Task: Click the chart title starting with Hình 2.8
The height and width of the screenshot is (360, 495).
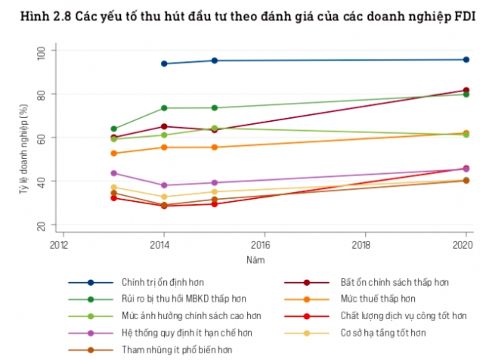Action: click(x=247, y=16)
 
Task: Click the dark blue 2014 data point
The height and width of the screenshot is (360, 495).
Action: click(x=164, y=64)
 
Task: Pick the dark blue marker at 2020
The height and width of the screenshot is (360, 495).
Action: click(x=466, y=60)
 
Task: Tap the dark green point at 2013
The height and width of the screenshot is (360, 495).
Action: click(x=114, y=129)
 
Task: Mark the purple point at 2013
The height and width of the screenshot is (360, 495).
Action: click(x=114, y=173)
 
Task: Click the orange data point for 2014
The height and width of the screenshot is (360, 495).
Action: click(x=164, y=147)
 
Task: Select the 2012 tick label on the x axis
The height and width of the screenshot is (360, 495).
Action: click(x=58, y=245)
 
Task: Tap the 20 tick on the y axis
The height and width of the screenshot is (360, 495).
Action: click(x=42, y=226)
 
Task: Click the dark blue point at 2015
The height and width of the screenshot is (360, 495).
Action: click(x=214, y=61)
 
